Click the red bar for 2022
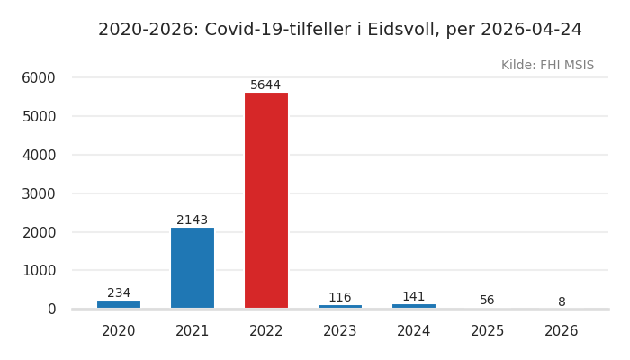[266, 200]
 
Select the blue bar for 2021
[193, 267]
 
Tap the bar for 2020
[119, 304]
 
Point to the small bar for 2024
[414, 306]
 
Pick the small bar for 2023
[340, 307]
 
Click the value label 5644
[265, 85]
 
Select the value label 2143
[192, 220]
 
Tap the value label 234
[119, 293]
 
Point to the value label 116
[339, 298]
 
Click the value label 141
[413, 297]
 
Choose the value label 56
[487, 301]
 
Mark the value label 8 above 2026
[562, 302]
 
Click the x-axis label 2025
[488, 331]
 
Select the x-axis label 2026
[562, 331]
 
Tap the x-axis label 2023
[340, 331]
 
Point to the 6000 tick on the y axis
[39, 78]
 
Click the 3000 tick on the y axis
[39, 193]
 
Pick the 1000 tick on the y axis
[39, 271]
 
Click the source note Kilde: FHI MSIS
[547, 66]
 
